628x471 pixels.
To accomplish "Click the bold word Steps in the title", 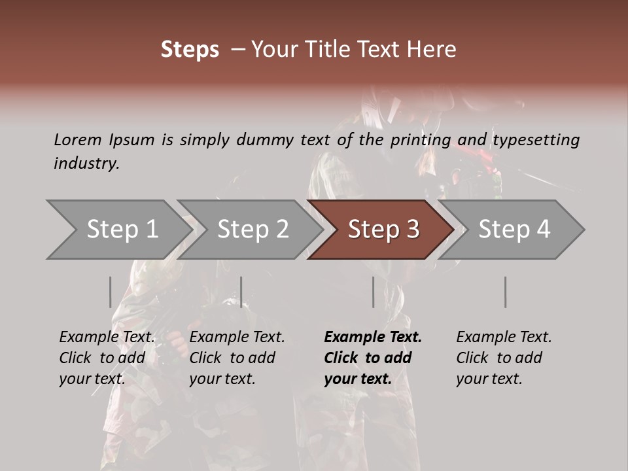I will pyautogui.click(x=190, y=50).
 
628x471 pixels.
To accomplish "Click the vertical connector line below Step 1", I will pyautogui.click(x=111, y=292).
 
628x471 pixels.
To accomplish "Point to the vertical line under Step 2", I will pyautogui.click(x=241, y=292).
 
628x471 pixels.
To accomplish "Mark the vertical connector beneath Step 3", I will pyautogui.click(x=373, y=292).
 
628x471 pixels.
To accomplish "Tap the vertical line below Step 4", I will pyautogui.click(x=505, y=292).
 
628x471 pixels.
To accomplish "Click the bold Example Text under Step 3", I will pyautogui.click(x=372, y=358).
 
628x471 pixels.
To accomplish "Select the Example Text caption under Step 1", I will pyautogui.click(x=107, y=358).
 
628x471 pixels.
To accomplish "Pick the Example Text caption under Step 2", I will pyautogui.click(x=237, y=358).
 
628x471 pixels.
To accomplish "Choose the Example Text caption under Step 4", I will pyautogui.click(x=504, y=358).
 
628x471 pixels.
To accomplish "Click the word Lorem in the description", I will pyautogui.click(x=78, y=140).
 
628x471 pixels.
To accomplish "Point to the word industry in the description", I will pyautogui.click(x=86, y=164).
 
